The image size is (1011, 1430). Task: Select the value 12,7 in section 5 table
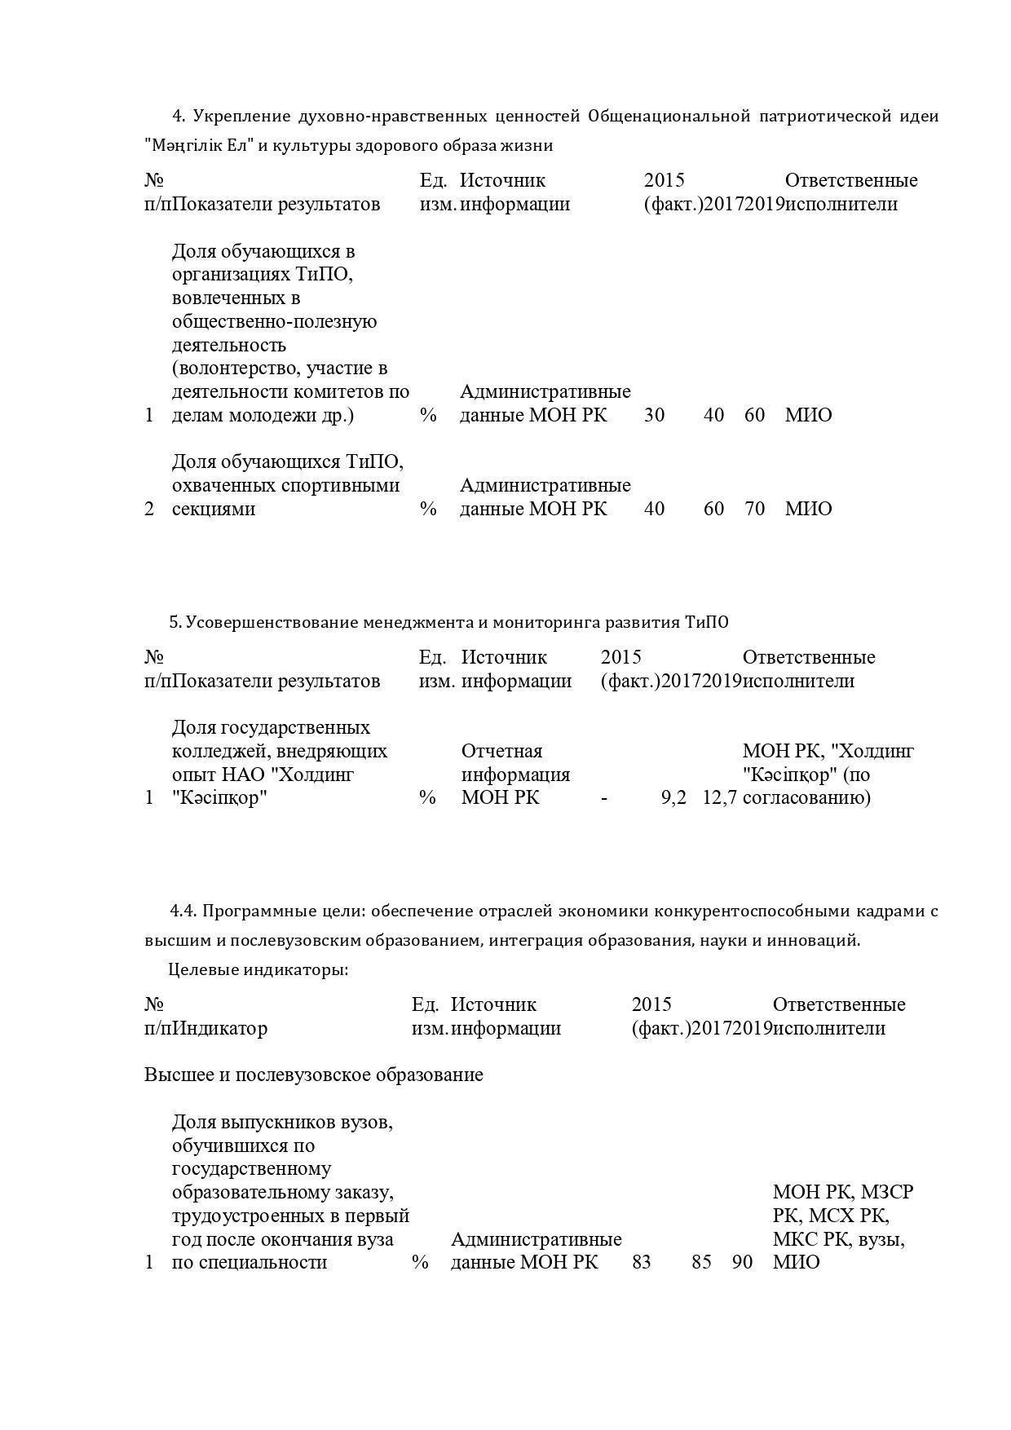click(719, 797)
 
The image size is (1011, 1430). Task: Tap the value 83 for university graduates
click(642, 1262)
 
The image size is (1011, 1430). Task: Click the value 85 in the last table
click(701, 1262)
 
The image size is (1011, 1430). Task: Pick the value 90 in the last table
click(742, 1262)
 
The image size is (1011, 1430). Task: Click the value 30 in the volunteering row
click(654, 415)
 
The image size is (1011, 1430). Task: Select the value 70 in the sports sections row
click(754, 509)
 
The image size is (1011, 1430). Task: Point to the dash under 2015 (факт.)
click(604, 797)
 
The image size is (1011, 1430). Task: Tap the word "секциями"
click(214, 509)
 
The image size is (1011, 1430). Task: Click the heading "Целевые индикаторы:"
click(258, 969)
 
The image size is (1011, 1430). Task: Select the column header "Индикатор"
click(221, 1028)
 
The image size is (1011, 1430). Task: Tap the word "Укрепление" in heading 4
click(234, 116)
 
